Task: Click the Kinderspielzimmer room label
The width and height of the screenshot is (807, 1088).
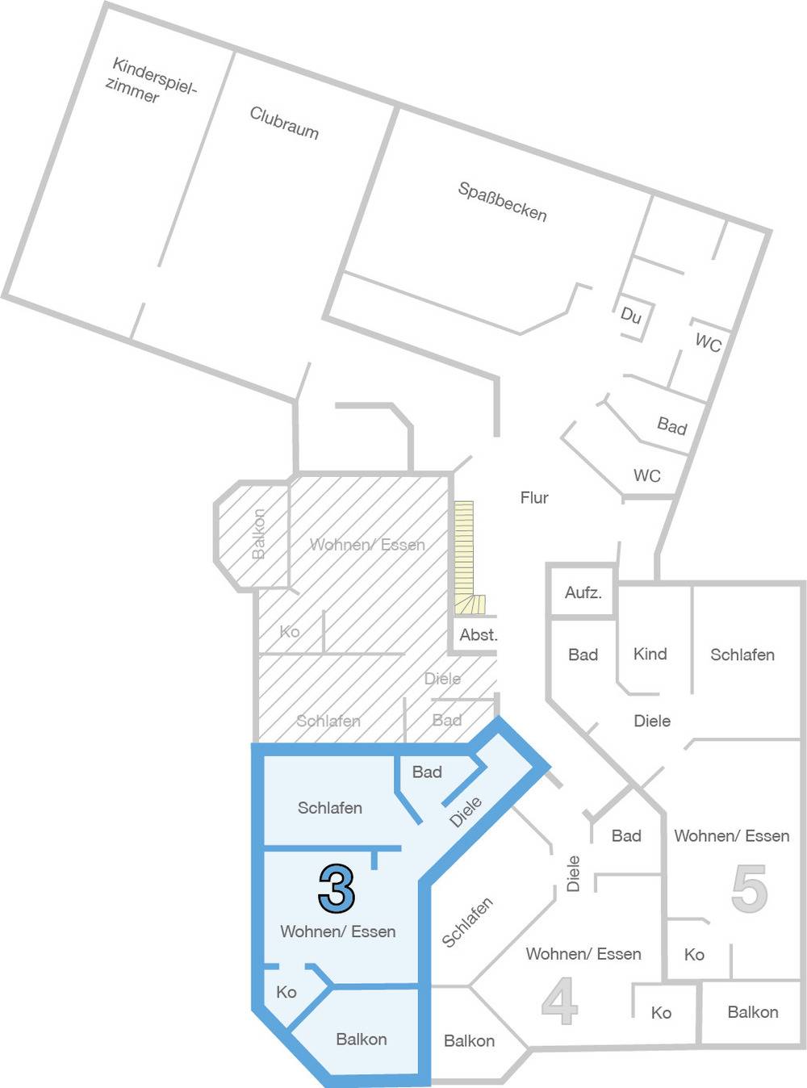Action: pyautogui.click(x=150, y=81)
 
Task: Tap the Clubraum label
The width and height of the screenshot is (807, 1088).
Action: pyautogui.click(x=284, y=123)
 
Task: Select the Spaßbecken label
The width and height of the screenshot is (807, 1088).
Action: pyautogui.click(x=502, y=202)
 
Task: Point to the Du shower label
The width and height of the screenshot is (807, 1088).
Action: pyautogui.click(x=631, y=315)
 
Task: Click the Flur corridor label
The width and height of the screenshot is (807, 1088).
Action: pyautogui.click(x=534, y=498)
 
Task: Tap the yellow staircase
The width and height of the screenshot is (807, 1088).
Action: pyautogui.click(x=466, y=558)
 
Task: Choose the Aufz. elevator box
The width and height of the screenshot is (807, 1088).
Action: pyautogui.click(x=583, y=592)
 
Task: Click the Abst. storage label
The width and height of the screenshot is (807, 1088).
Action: pyautogui.click(x=479, y=635)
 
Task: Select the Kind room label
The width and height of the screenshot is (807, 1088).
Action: pyautogui.click(x=650, y=654)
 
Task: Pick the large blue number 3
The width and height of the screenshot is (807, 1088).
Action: pyautogui.click(x=337, y=889)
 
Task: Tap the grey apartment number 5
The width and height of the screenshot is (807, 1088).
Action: pyautogui.click(x=749, y=889)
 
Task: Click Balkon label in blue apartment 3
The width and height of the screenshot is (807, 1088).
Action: pyautogui.click(x=362, y=1039)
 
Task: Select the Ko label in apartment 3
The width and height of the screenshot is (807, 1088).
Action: pyautogui.click(x=286, y=992)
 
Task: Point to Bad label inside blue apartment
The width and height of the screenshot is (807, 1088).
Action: pyautogui.click(x=427, y=772)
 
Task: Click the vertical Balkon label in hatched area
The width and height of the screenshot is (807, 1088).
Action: pyautogui.click(x=258, y=534)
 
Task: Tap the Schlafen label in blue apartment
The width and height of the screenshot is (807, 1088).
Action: pyautogui.click(x=330, y=807)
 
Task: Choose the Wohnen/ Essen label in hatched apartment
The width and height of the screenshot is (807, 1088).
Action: pyautogui.click(x=367, y=545)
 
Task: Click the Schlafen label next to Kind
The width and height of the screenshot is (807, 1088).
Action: pyautogui.click(x=742, y=655)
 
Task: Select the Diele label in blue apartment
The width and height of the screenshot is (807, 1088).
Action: pyautogui.click(x=466, y=812)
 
